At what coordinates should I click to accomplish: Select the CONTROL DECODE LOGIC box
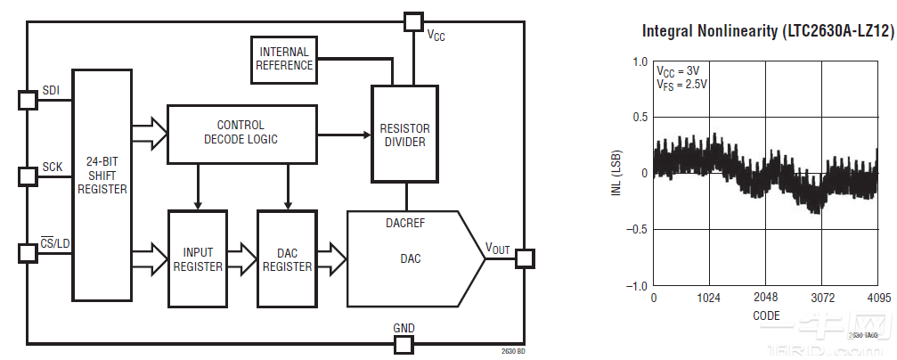[x=241, y=133]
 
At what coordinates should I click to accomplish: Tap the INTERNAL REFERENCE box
[x=285, y=59]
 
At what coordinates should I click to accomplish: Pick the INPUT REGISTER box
[x=198, y=258]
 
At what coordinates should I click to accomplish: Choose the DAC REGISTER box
[x=287, y=258]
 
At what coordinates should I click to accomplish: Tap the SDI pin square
[x=28, y=99]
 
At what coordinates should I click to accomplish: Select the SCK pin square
[x=28, y=176]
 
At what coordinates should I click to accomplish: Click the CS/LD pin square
[x=28, y=253]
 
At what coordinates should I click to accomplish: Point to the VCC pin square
[x=412, y=20]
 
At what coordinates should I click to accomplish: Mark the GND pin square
[x=404, y=344]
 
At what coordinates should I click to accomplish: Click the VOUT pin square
[x=524, y=258]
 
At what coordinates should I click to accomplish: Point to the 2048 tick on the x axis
[x=765, y=297]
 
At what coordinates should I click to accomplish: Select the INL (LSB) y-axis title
[x=616, y=174]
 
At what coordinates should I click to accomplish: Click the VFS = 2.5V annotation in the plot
[x=681, y=85]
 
